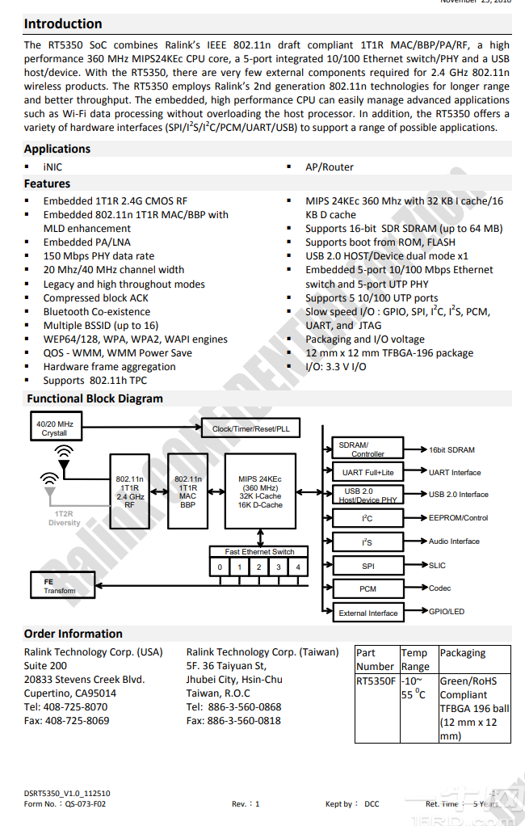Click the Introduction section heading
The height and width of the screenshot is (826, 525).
coord(63,23)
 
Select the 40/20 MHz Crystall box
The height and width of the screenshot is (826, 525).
coord(54,428)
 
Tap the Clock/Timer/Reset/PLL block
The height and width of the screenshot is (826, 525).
coord(250,428)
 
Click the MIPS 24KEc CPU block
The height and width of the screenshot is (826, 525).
coord(260,492)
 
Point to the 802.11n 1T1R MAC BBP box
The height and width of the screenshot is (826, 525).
coord(187,492)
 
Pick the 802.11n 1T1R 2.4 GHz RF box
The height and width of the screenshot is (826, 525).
coord(130,492)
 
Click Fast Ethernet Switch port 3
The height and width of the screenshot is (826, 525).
coord(279,567)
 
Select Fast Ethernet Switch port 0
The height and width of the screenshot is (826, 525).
coord(220,567)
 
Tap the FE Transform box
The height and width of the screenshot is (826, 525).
coord(60,585)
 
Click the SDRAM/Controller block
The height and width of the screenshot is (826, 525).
coord(367,449)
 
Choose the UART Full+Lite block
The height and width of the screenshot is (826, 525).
coord(367,472)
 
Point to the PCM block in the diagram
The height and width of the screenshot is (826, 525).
coord(367,588)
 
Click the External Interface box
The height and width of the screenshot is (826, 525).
coord(367,613)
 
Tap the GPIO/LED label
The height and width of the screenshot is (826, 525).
coord(447,611)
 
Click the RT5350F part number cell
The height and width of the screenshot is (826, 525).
coord(376,681)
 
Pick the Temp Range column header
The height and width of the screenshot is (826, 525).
coord(415,660)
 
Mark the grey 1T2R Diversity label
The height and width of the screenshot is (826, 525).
coord(64,518)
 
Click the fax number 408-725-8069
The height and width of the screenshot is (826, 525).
coord(66,720)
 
